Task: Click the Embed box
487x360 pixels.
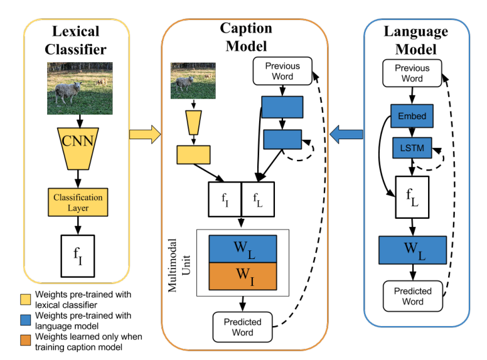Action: tap(412, 116)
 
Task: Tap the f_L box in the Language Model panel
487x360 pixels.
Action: tap(412, 196)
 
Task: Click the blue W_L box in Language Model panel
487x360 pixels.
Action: tap(412, 250)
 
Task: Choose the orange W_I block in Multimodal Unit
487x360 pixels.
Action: tap(242, 276)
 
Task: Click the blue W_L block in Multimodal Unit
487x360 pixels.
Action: tap(242, 248)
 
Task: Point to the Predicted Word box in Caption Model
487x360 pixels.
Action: tap(242, 327)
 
